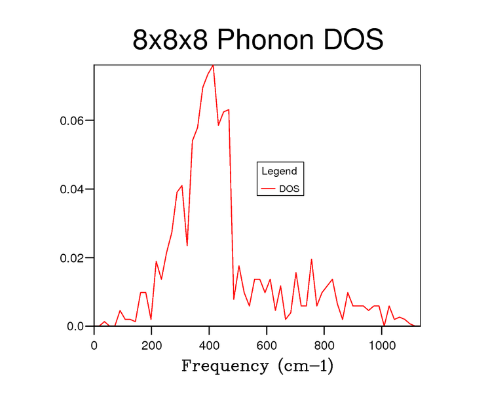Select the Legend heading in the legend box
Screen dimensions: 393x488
pos(279,172)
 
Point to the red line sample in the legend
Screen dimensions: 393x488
pos(268,189)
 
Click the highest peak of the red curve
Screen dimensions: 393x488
pos(213,65)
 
